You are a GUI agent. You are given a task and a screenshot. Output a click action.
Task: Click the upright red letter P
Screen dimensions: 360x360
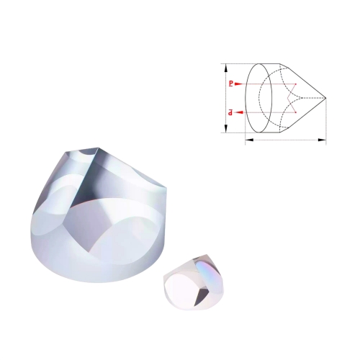coord(231,84)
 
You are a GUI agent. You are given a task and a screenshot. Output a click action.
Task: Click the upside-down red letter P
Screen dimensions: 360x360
coord(230,112)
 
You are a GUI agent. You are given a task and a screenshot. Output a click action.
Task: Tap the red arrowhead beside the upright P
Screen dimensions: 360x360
coord(238,84)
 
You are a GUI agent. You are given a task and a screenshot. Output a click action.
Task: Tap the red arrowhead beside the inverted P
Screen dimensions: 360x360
coord(239,112)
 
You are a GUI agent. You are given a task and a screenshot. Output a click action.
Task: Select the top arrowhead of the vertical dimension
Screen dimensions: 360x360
coord(225,68)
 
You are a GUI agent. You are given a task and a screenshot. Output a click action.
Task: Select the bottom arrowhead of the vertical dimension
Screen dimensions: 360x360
coord(225,128)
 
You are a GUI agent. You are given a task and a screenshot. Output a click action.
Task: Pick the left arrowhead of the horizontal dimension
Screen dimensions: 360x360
coord(250,140)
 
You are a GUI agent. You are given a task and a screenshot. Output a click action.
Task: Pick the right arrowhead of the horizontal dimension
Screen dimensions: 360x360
coord(322,140)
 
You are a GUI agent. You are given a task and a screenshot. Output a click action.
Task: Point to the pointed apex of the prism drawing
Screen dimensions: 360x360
coord(326,98)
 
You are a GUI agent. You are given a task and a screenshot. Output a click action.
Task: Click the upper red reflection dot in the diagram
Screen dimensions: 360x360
coord(296,84)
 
